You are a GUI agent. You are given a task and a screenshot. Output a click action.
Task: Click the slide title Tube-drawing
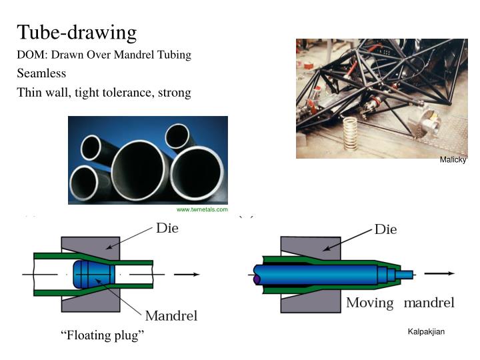[77, 31]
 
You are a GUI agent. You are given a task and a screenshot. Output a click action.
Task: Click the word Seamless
[41, 73]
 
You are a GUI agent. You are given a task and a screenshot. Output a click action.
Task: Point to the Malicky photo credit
[453, 160]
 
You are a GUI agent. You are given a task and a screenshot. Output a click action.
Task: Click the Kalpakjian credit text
[426, 332]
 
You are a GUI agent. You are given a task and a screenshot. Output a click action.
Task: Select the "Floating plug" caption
[102, 335]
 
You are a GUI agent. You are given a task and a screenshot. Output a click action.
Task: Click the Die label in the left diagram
[167, 228]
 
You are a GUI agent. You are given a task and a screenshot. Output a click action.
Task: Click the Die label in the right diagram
[385, 229]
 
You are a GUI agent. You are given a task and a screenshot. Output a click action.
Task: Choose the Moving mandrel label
[399, 303]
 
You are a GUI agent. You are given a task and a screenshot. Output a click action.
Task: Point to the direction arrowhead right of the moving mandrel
[451, 273]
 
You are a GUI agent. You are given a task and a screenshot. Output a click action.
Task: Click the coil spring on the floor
[351, 132]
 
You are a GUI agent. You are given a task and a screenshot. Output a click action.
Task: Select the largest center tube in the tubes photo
[138, 169]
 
